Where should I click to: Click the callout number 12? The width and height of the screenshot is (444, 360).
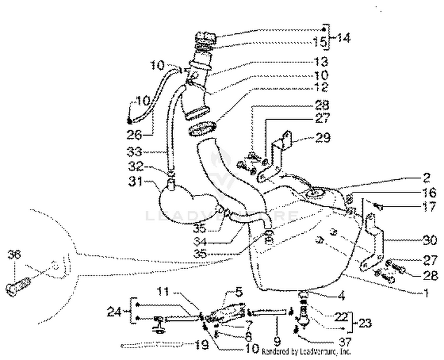(x=321, y=88)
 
